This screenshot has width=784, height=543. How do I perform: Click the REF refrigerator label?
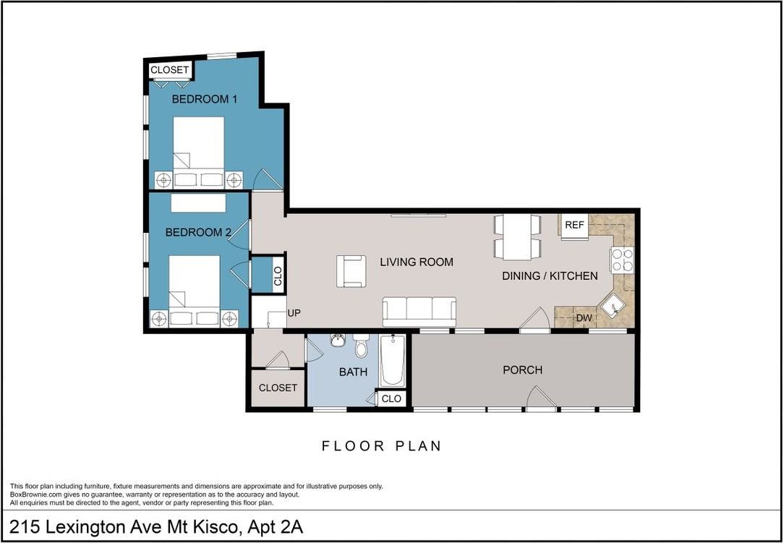pos(574,225)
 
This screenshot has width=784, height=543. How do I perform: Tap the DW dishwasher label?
pos(583,318)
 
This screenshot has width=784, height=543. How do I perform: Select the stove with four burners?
pos(621,260)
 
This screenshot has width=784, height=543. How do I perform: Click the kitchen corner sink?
pos(614,307)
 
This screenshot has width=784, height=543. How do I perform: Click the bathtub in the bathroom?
pos(393,360)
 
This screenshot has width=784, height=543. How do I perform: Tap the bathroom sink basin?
pos(338,341)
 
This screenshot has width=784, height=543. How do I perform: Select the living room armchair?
pos(351,271)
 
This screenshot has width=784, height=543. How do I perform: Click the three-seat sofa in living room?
pos(419,312)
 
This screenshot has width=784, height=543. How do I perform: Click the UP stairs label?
pos(294,312)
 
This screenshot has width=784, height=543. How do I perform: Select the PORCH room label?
pos(522,370)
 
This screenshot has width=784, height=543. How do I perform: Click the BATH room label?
pos(353,372)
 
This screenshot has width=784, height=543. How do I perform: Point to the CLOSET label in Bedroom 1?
pos(169,70)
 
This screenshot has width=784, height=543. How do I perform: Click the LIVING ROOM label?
pos(417,262)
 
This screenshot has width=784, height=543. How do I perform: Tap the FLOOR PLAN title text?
pos(381,445)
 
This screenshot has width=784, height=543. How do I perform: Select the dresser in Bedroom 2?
pos(198,203)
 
